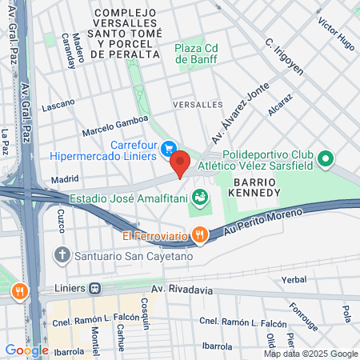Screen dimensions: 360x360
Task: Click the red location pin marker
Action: [x=180, y=162]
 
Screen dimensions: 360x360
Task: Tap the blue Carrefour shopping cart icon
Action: [x=168, y=148]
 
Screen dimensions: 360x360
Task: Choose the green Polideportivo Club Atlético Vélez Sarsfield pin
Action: [x=325, y=159]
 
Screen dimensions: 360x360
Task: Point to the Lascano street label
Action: [x=58, y=103]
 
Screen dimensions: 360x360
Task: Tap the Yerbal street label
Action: [x=294, y=280]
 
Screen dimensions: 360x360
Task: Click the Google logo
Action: [x=26, y=350]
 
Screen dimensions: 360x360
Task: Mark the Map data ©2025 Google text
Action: [x=311, y=354]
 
